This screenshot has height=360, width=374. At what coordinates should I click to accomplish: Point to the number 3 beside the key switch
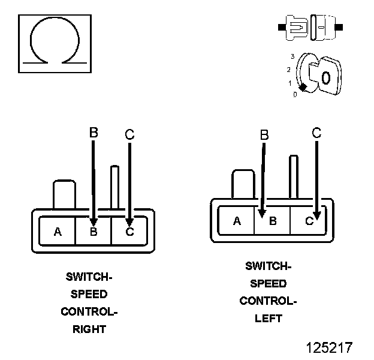(292, 56)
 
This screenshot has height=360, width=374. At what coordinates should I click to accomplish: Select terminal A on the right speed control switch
(58, 232)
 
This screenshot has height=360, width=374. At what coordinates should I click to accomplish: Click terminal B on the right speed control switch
(93, 232)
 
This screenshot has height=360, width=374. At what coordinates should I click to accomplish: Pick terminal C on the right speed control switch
(129, 232)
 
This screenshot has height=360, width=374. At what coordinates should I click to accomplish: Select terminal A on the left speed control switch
(237, 221)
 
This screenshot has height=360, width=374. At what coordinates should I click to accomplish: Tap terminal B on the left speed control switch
(273, 221)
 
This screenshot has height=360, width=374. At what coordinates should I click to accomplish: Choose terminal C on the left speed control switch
(309, 221)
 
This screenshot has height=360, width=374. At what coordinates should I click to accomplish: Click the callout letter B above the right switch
(93, 133)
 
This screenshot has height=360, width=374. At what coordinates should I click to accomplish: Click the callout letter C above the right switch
(129, 134)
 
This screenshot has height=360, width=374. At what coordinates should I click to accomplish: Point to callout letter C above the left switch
(316, 133)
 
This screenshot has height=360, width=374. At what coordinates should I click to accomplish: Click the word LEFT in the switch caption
(269, 319)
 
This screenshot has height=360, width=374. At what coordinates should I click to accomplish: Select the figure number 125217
(328, 347)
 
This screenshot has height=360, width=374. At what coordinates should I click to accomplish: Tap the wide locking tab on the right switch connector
(64, 194)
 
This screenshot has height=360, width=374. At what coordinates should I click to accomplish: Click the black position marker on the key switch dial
(303, 88)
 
